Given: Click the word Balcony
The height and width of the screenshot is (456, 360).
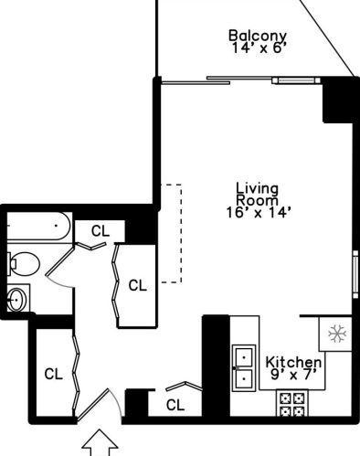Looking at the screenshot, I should (251, 37).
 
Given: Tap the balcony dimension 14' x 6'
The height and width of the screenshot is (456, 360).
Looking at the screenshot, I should (251, 52).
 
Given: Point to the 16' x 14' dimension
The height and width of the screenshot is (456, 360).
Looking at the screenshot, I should (251, 212).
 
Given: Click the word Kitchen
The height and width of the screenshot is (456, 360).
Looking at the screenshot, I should (293, 362).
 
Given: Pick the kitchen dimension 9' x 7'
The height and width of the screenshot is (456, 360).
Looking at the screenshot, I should (293, 375).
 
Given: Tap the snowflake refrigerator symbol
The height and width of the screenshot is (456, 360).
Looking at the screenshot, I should (336, 335).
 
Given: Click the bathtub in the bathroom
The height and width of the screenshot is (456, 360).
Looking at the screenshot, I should (38, 225).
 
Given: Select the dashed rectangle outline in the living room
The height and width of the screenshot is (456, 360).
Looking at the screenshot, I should (172, 234).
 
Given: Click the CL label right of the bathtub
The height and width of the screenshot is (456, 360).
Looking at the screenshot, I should (100, 231).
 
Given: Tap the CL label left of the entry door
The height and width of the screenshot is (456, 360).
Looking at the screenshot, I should (53, 373).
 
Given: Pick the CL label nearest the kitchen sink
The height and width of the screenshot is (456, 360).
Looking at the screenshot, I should (175, 404).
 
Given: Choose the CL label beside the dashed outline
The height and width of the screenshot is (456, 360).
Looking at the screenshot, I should (137, 285).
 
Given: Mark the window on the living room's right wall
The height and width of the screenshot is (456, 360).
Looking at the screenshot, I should (355, 273).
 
